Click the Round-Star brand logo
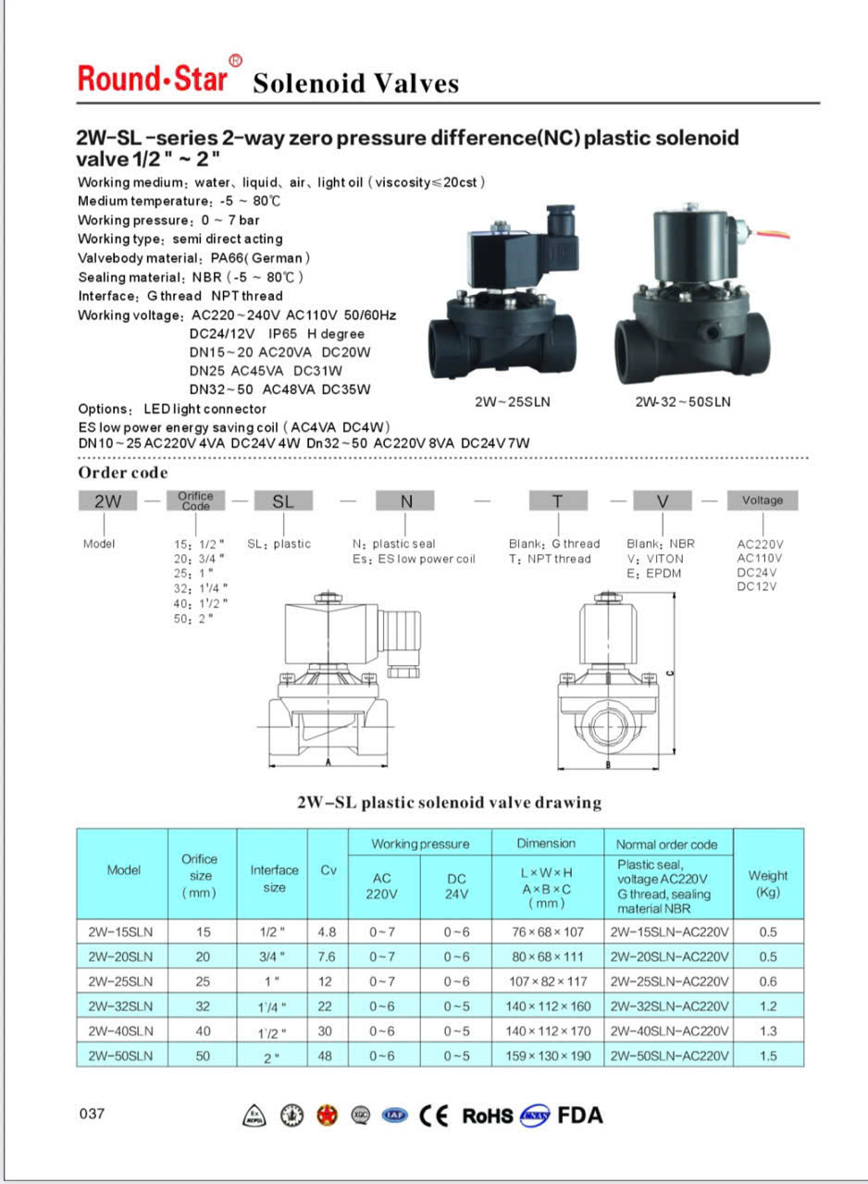point(153,78)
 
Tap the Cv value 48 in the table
point(328,1055)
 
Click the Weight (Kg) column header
point(767,882)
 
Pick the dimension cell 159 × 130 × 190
point(546,1055)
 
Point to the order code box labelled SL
point(282,500)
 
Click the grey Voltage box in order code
point(762,500)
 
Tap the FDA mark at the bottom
point(580,1116)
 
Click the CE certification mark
point(434,1116)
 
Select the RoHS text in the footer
point(487,1116)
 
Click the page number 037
point(93,1114)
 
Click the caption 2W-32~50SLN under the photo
point(683,402)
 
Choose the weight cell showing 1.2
point(767,1005)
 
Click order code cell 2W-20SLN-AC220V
point(669,956)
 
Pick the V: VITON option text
point(655,559)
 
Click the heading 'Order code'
point(122,473)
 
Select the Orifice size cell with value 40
point(203,1030)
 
